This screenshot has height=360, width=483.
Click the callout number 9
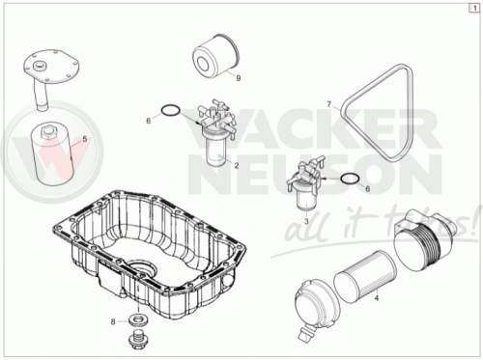[x=239, y=78]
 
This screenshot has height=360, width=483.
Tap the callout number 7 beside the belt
[x=328, y=104]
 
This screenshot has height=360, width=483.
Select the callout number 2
[x=237, y=166]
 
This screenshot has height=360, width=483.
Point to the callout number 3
[x=306, y=221]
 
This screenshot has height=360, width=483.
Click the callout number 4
[x=85, y=139]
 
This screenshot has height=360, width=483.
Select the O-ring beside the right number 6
[x=350, y=179]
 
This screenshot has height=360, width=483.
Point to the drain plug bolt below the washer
[x=137, y=338]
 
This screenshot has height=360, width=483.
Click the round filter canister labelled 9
[x=216, y=55]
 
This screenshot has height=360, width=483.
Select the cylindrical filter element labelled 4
[x=365, y=277]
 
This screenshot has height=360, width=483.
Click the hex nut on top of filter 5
[x=48, y=132]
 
